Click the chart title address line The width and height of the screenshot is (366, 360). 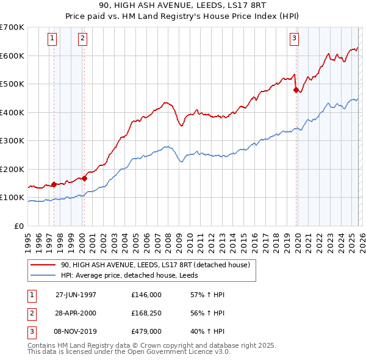click(182, 7)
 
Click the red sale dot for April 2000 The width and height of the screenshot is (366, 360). click(84, 178)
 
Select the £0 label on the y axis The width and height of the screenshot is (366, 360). click(18, 226)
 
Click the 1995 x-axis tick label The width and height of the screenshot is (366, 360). click(28, 242)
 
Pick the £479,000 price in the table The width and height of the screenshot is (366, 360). click(146, 331)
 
